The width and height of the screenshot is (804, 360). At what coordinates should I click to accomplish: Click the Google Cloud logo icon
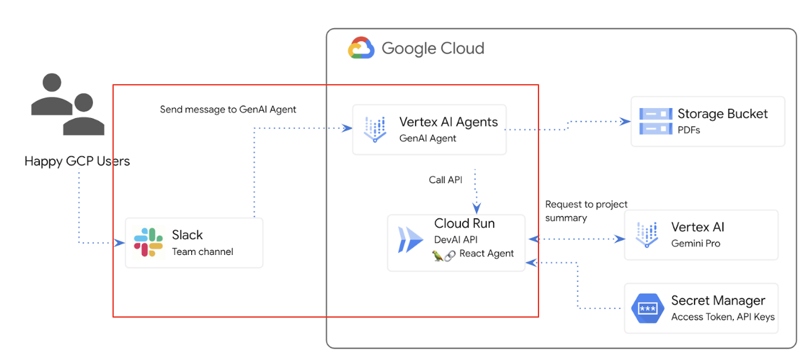[x=361, y=48]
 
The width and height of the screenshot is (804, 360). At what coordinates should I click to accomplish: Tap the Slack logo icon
[x=149, y=242]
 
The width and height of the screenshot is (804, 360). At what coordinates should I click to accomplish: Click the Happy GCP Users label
[x=77, y=162]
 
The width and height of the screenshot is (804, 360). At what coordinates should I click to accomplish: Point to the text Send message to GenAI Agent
[x=228, y=109]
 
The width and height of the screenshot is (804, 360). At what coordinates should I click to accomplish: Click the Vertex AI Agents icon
[x=374, y=129]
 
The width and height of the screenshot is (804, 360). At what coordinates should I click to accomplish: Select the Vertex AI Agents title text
[x=448, y=122]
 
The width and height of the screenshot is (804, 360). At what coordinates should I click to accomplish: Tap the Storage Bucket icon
[x=655, y=121]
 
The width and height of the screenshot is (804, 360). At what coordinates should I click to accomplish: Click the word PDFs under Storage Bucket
[x=688, y=130]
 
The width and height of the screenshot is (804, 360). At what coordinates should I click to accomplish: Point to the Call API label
[x=446, y=180]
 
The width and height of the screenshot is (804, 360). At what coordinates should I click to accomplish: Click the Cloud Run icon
[x=410, y=240]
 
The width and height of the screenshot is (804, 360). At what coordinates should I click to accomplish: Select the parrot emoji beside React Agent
[x=438, y=255]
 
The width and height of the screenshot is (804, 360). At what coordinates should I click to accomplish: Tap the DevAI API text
[x=455, y=240]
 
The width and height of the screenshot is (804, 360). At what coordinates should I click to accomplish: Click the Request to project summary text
[x=586, y=211]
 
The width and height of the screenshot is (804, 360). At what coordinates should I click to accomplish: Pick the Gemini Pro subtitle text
[x=695, y=243]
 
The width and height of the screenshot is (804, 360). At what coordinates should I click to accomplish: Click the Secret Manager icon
[x=647, y=308]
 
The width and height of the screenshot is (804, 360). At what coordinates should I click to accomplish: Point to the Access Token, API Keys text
[x=722, y=317]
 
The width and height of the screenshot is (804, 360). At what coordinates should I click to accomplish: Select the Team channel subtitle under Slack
[x=202, y=251]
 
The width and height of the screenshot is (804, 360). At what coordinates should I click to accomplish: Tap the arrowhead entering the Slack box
[x=120, y=243]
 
